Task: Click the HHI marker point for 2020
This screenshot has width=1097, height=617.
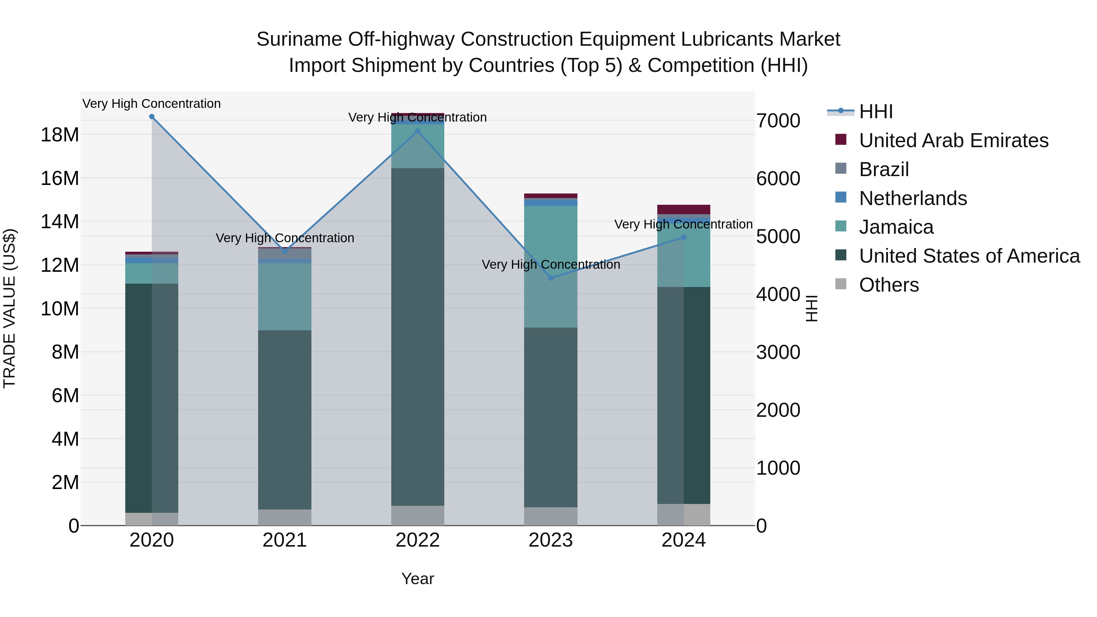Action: [152, 117]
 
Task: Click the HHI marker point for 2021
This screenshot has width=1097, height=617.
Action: [285, 251]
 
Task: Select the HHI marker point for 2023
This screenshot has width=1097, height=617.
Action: [551, 278]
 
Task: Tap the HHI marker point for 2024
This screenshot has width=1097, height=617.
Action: [684, 237]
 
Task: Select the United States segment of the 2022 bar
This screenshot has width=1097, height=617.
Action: [418, 336]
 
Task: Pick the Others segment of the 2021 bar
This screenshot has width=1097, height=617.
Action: [285, 517]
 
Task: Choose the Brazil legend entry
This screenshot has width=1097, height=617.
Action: [884, 169]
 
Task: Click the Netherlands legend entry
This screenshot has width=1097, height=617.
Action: [913, 198]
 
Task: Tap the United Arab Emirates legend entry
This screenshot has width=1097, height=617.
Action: [953, 140]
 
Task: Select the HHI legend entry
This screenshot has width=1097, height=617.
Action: [875, 112]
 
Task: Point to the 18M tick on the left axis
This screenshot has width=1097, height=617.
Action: [60, 135]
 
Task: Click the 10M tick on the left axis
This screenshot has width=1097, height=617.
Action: [60, 309]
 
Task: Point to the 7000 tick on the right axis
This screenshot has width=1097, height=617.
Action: [778, 121]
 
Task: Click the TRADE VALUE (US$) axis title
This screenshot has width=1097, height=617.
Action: [9, 308]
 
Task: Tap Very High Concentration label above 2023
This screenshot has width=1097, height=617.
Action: [551, 265]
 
